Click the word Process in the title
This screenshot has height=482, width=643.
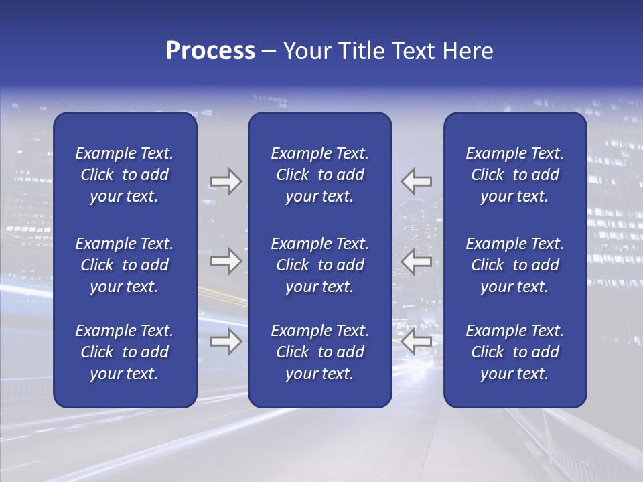tap(210, 51)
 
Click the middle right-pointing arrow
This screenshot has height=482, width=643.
tap(226, 261)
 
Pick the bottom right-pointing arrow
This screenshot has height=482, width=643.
tap(226, 341)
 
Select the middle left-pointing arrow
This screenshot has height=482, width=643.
tap(417, 261)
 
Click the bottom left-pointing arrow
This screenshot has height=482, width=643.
tap(417, 341)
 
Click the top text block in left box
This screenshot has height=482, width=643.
tap(125, 175)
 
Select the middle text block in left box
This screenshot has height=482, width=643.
tap(125, 265)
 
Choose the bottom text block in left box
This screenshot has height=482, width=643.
tap(125, 352)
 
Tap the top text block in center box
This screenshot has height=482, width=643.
tap(319, 175)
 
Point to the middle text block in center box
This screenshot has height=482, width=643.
tap(319, 265)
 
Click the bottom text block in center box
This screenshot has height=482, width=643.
tap(319, 352)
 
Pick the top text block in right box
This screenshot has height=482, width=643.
tap(514, 175)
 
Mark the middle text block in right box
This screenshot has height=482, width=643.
tap(514, 265)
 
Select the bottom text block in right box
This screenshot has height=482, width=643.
tap(514, 352)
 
